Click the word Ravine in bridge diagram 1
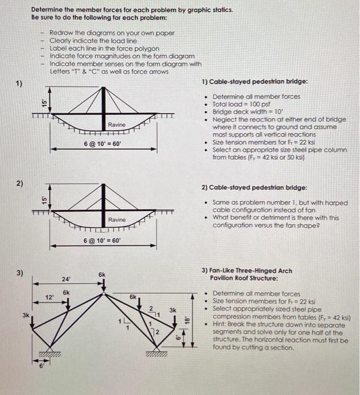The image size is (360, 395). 117,124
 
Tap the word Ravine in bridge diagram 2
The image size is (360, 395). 117,219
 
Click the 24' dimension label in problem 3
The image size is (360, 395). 67,279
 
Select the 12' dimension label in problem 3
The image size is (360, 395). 49,297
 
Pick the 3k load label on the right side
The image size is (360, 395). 173,310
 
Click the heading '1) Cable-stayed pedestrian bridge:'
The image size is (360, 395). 254,82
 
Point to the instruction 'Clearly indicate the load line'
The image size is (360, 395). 93,41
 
